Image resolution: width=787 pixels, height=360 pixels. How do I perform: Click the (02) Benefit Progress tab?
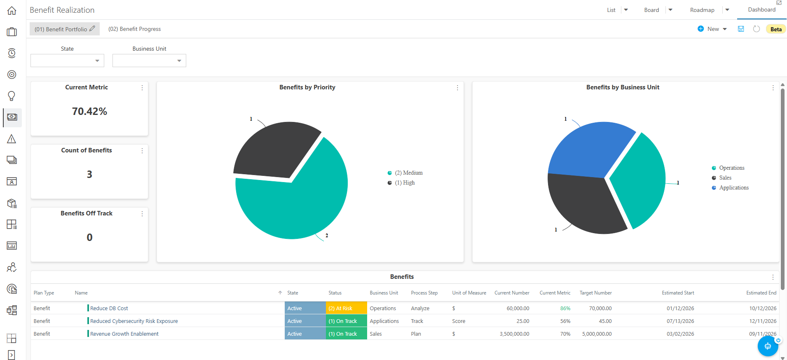134,29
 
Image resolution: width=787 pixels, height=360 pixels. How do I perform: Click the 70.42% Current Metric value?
89,111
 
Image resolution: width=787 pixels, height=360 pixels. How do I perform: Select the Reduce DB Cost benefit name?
109,308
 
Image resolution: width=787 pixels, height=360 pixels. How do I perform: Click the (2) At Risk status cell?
346,308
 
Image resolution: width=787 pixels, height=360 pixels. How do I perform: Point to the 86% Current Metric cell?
565,308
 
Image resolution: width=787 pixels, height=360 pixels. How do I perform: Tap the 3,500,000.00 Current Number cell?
514,334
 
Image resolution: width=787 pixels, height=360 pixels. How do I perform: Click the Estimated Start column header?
678,293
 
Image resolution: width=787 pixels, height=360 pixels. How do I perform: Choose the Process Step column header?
424,293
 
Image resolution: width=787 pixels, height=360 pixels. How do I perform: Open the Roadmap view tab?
702,10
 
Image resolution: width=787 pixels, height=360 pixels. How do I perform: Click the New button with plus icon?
712,29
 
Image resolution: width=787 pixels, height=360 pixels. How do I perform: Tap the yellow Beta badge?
776,29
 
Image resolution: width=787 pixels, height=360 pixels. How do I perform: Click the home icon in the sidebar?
12,11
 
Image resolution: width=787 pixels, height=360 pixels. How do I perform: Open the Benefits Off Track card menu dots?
142,214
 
